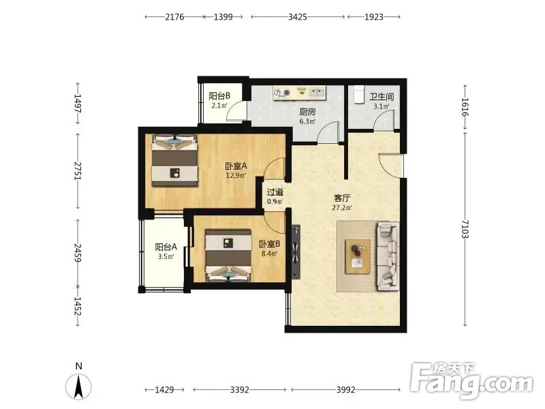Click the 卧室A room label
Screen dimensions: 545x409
[x=236, y=166]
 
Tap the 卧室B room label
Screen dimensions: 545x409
[x=269, y=244]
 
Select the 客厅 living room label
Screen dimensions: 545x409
[x=342, y=198]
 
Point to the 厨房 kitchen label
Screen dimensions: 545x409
[x=308, y=112]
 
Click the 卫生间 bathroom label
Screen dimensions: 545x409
[x=381, y=97]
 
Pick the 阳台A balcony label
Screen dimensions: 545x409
[x=166, y=247]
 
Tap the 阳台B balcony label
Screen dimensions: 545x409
[x=219, y=95]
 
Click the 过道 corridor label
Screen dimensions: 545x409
[x=275, y=192]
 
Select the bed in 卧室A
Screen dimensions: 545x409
[x=175, y=160]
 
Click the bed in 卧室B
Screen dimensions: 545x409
[x=228, y=255]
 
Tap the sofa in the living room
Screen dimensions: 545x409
[x=388, y=256]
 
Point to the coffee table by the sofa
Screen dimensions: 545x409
[x=358, y=257]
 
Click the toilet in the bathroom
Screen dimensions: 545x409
[x=358, y=95]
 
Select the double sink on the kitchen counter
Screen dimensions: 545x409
[x=317, y=92]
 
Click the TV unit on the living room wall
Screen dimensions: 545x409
[x=296, y=252]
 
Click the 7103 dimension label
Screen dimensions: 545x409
[x=465, y=229]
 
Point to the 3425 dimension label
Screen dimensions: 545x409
[x=298, y=16]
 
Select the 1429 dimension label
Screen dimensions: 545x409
[x=164, y=389]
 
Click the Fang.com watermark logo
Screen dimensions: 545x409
[x=471, y=381]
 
